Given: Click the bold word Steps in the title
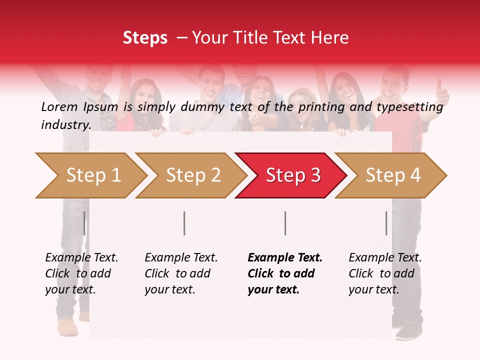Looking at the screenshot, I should click(x=145, y=38).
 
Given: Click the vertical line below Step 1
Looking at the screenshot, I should click(x=84, y=223).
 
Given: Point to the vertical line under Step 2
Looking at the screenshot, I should click(x=184, y=223).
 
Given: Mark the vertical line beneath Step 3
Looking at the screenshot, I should click(x=285, y=223).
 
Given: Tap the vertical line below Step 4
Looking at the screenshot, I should click(x=386, y=223).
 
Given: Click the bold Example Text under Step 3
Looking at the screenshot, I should click(x=285, y=257).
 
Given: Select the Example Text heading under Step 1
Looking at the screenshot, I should click(x=81, y=257).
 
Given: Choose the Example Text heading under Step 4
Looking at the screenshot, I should click(x=385, y=257).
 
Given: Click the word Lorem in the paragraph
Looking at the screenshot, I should click(x=59, y=106).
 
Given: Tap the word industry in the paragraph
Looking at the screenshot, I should click(x=66, y=124).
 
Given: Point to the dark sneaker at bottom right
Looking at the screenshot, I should click(x=409, y=331).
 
